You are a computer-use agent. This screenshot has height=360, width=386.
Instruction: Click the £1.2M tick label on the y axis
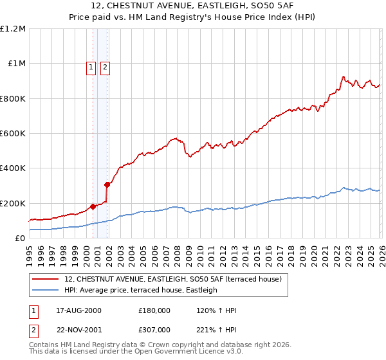[13, 29]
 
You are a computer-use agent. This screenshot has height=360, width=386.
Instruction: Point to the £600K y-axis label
[13, 134]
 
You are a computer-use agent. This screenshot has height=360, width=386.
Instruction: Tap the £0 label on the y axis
[20, 239]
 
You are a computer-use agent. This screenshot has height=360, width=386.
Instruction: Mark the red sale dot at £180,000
[93, 206]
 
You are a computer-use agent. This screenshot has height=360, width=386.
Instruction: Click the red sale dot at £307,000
[107, 184]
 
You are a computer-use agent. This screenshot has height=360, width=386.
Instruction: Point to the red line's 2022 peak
[343, 76]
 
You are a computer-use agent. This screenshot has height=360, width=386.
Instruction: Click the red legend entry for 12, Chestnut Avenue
[172, 279]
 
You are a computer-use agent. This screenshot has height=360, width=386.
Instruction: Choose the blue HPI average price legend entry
[140, 290]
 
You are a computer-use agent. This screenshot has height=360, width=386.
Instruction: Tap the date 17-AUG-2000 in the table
[78, 310]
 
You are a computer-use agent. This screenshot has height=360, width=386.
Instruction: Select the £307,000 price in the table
[154, 329]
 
